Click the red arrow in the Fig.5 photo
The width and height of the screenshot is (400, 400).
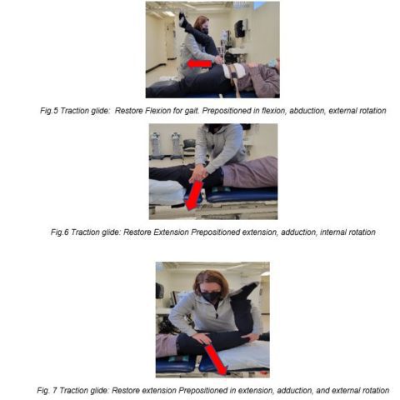coord(199,63)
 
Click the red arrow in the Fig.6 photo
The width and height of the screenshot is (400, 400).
coord(194,195)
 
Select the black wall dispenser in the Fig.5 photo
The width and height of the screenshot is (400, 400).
coord(241,28)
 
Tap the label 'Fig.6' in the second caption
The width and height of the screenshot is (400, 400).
coord(60,232)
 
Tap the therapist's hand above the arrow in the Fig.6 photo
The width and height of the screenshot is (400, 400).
coord(201,174)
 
